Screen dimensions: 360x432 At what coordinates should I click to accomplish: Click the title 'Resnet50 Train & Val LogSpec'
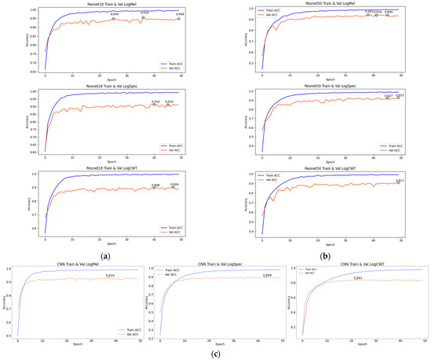pos(326,86)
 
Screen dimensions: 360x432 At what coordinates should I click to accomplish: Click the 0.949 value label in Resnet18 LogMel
pos(115,14)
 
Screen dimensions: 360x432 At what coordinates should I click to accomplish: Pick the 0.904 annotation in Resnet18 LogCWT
pos(176,185)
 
